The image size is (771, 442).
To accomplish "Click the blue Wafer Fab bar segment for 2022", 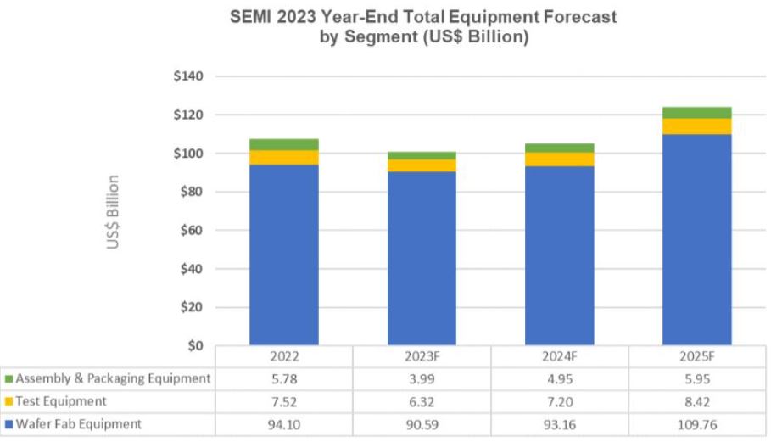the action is pos(283,255).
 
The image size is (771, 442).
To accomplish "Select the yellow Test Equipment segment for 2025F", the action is pos(696,126).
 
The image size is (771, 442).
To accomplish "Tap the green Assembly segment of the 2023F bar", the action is pos(422,155).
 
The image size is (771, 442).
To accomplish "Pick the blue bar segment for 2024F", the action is pos(559,255).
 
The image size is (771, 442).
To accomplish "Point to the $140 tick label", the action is pos(187,76).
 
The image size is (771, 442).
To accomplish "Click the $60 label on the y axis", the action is pos(192,230).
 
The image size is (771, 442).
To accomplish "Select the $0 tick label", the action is pos(195,345).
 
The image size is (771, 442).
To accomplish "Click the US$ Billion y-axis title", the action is pos(113,212).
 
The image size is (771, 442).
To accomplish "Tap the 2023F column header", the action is pos(422,356).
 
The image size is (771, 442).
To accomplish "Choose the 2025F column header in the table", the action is pos(696,356).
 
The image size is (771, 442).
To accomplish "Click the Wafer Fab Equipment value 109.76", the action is pos(696,424).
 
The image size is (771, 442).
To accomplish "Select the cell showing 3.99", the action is pos(422,379).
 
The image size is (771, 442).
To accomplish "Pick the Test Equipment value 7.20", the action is pos(560,401).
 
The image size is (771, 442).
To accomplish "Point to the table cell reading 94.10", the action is pos(283,424).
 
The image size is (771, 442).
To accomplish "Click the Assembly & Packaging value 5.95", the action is pos(696,379).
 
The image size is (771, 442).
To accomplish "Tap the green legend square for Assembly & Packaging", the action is pos(8,379).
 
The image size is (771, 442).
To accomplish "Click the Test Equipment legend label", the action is pos(61,401).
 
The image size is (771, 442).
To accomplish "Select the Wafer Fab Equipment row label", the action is pos(79,424).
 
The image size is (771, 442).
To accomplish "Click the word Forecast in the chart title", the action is pos(580,17).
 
